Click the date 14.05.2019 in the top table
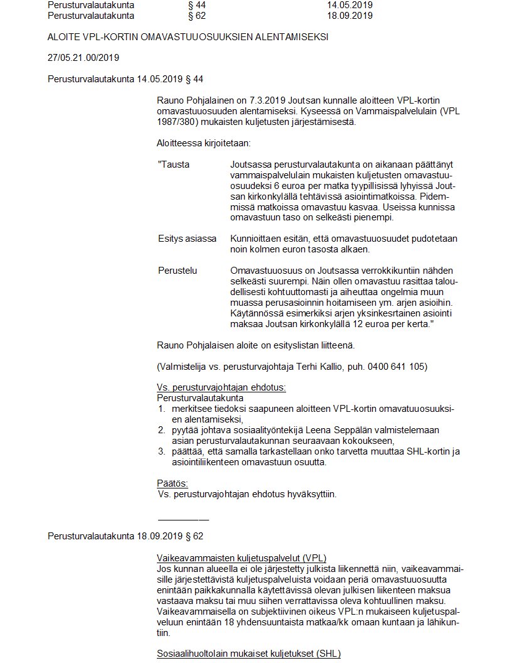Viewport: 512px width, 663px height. click(x=349, y=5)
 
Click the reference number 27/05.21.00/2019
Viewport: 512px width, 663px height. click(x=83, y=58)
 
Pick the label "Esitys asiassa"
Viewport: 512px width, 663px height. click(x=187, y=239)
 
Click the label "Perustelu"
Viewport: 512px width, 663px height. click(x=178, y=271)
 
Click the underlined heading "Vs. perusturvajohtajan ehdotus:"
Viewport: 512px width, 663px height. click(x=221, y=387)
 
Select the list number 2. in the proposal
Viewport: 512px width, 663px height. click(x=161, y=430)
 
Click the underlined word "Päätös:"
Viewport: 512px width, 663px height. click(x=173, y=483)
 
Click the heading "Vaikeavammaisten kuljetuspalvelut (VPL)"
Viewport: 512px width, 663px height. click(x=242, y=558)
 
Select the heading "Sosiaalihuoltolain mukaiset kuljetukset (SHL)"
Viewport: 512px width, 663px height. click(x=248, y=654)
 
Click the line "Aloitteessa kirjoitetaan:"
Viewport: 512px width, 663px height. click(x=203, y=143)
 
